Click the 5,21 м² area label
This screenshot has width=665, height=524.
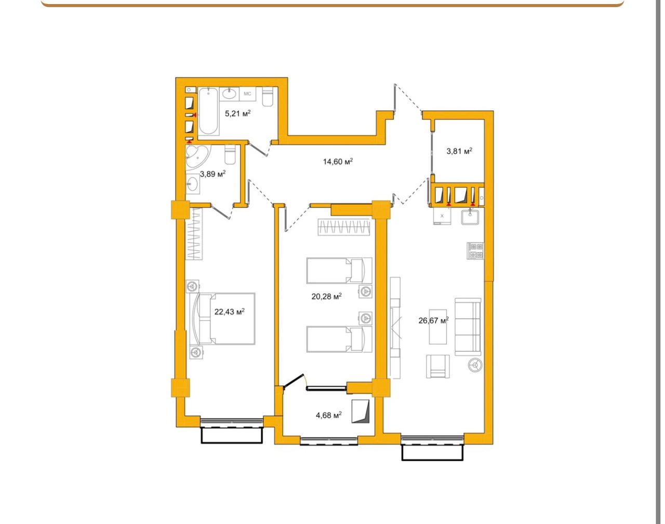(x=237, y=113)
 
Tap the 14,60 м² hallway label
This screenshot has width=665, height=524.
(x=338, y=162)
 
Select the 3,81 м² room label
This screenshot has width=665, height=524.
(x=459, y=151)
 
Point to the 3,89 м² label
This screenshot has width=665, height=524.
(x=212, y=174)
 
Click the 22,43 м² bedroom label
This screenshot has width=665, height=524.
(x=229, y=311)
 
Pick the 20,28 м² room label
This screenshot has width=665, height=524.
(x=326, y=297)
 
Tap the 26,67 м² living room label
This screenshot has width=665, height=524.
(x=433, y=320)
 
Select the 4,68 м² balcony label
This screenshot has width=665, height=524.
(x=329, y=415)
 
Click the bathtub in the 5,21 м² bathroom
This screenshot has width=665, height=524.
(x=209, y=111)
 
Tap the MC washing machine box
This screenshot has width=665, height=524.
(x=247, y=94)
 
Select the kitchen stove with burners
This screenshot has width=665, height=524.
(x=475, y=251)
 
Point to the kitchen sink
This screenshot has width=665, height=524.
(x=470, y=217)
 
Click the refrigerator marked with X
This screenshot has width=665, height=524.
(x=442, y=216)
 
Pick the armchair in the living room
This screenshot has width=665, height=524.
(x=437, y=366)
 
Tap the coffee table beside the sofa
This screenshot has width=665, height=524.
(x=437, y=326)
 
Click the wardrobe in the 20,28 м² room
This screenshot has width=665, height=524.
(x=344, y=227)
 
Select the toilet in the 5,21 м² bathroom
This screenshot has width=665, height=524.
(x=268, y=97)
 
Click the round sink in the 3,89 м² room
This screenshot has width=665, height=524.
(x=192, y=184)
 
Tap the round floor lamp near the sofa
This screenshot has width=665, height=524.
(x=475, y=365)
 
